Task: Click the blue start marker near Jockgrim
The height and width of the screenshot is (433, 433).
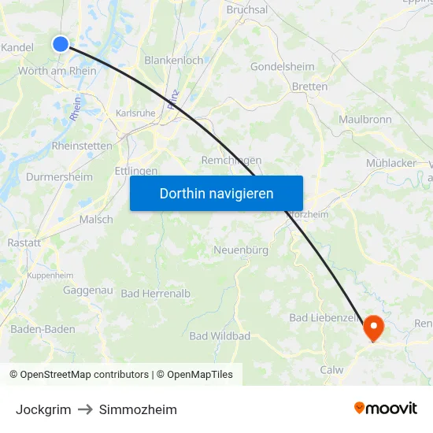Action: point(61,44)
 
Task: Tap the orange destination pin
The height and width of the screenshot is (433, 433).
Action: point(372,327)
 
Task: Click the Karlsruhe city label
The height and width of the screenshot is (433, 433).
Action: point(135,113)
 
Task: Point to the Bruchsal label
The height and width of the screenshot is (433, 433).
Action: point(247,10)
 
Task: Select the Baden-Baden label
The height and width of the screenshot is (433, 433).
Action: point(43,329)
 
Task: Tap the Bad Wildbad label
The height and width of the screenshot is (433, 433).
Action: point(220,336)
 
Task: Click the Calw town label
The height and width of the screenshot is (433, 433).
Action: point(331,369)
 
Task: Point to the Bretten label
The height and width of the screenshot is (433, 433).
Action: point(309,87)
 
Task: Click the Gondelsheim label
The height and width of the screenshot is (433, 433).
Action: point(282,67)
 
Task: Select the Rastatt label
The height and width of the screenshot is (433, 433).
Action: point(24,243)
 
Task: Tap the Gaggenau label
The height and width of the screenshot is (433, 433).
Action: point(88,291)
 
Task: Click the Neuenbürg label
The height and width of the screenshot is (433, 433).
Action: point(241,250)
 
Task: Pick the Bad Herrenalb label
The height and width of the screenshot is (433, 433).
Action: point(156,294)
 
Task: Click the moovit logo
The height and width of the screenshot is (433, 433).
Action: point(386,409)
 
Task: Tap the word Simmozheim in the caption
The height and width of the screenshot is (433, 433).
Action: point(138,409)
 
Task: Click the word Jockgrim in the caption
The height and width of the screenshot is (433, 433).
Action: point(43,409)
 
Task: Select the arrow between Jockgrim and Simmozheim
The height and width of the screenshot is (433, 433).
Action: point(85,409)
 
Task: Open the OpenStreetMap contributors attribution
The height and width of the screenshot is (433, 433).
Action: point(84,375)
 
